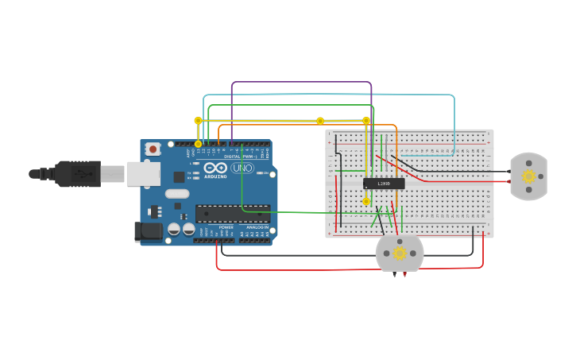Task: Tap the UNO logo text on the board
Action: [242, 168]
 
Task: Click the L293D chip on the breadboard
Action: [384, 184]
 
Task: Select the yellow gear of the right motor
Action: [528, 176]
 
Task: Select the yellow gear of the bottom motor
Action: [400, 254]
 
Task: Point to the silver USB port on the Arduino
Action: [143, 173]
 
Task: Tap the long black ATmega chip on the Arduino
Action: [232, 214]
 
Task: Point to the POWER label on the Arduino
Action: [226, 227]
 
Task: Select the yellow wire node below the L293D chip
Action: [366, 201]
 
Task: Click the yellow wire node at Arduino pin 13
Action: [199, 144]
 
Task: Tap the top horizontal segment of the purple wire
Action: [302, 82]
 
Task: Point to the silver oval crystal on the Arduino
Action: [177, 193]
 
